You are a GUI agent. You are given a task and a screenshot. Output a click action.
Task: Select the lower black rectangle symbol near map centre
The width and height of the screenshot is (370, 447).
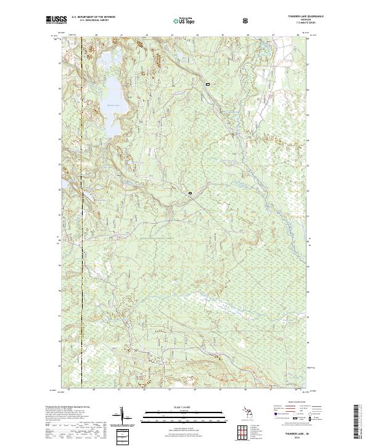[x=191, y=194]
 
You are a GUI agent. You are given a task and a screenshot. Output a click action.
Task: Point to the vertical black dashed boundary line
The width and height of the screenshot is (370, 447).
[x=82, y=216]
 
